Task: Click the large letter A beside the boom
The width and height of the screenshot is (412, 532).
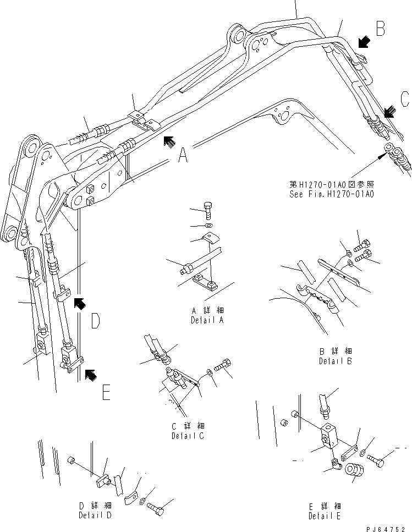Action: click(183, 157)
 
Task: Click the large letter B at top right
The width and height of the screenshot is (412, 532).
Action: click(380, 29)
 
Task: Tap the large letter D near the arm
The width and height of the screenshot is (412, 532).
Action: click(95, 321)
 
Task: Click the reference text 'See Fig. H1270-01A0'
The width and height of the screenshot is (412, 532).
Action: click(332, 194)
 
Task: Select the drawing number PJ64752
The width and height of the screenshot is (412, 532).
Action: click(389, 527)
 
